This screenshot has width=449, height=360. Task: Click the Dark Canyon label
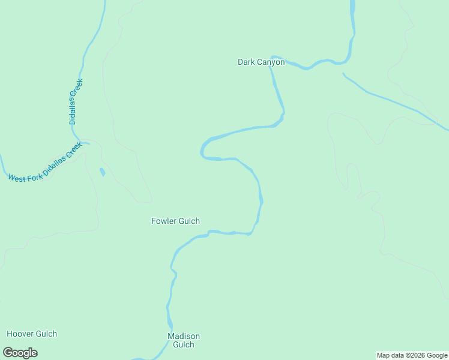(261, 62)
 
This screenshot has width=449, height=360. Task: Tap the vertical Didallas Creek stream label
(75, 101)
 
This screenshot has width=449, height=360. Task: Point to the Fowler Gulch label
(175, 221)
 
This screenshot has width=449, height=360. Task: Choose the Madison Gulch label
(184, 340)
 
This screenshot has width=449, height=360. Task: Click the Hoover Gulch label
(32, 334)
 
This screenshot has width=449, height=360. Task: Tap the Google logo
(20, 352)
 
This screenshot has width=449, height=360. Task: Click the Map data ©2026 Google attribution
(412, 355)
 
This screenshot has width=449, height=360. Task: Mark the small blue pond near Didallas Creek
(102, 172)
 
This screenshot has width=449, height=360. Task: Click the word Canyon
(271, 62)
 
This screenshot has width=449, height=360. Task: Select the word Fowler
(163, 221)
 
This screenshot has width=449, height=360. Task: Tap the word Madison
(184, 336)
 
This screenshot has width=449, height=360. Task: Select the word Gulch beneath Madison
(184, 344)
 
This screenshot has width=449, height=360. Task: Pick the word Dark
(246, 62)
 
